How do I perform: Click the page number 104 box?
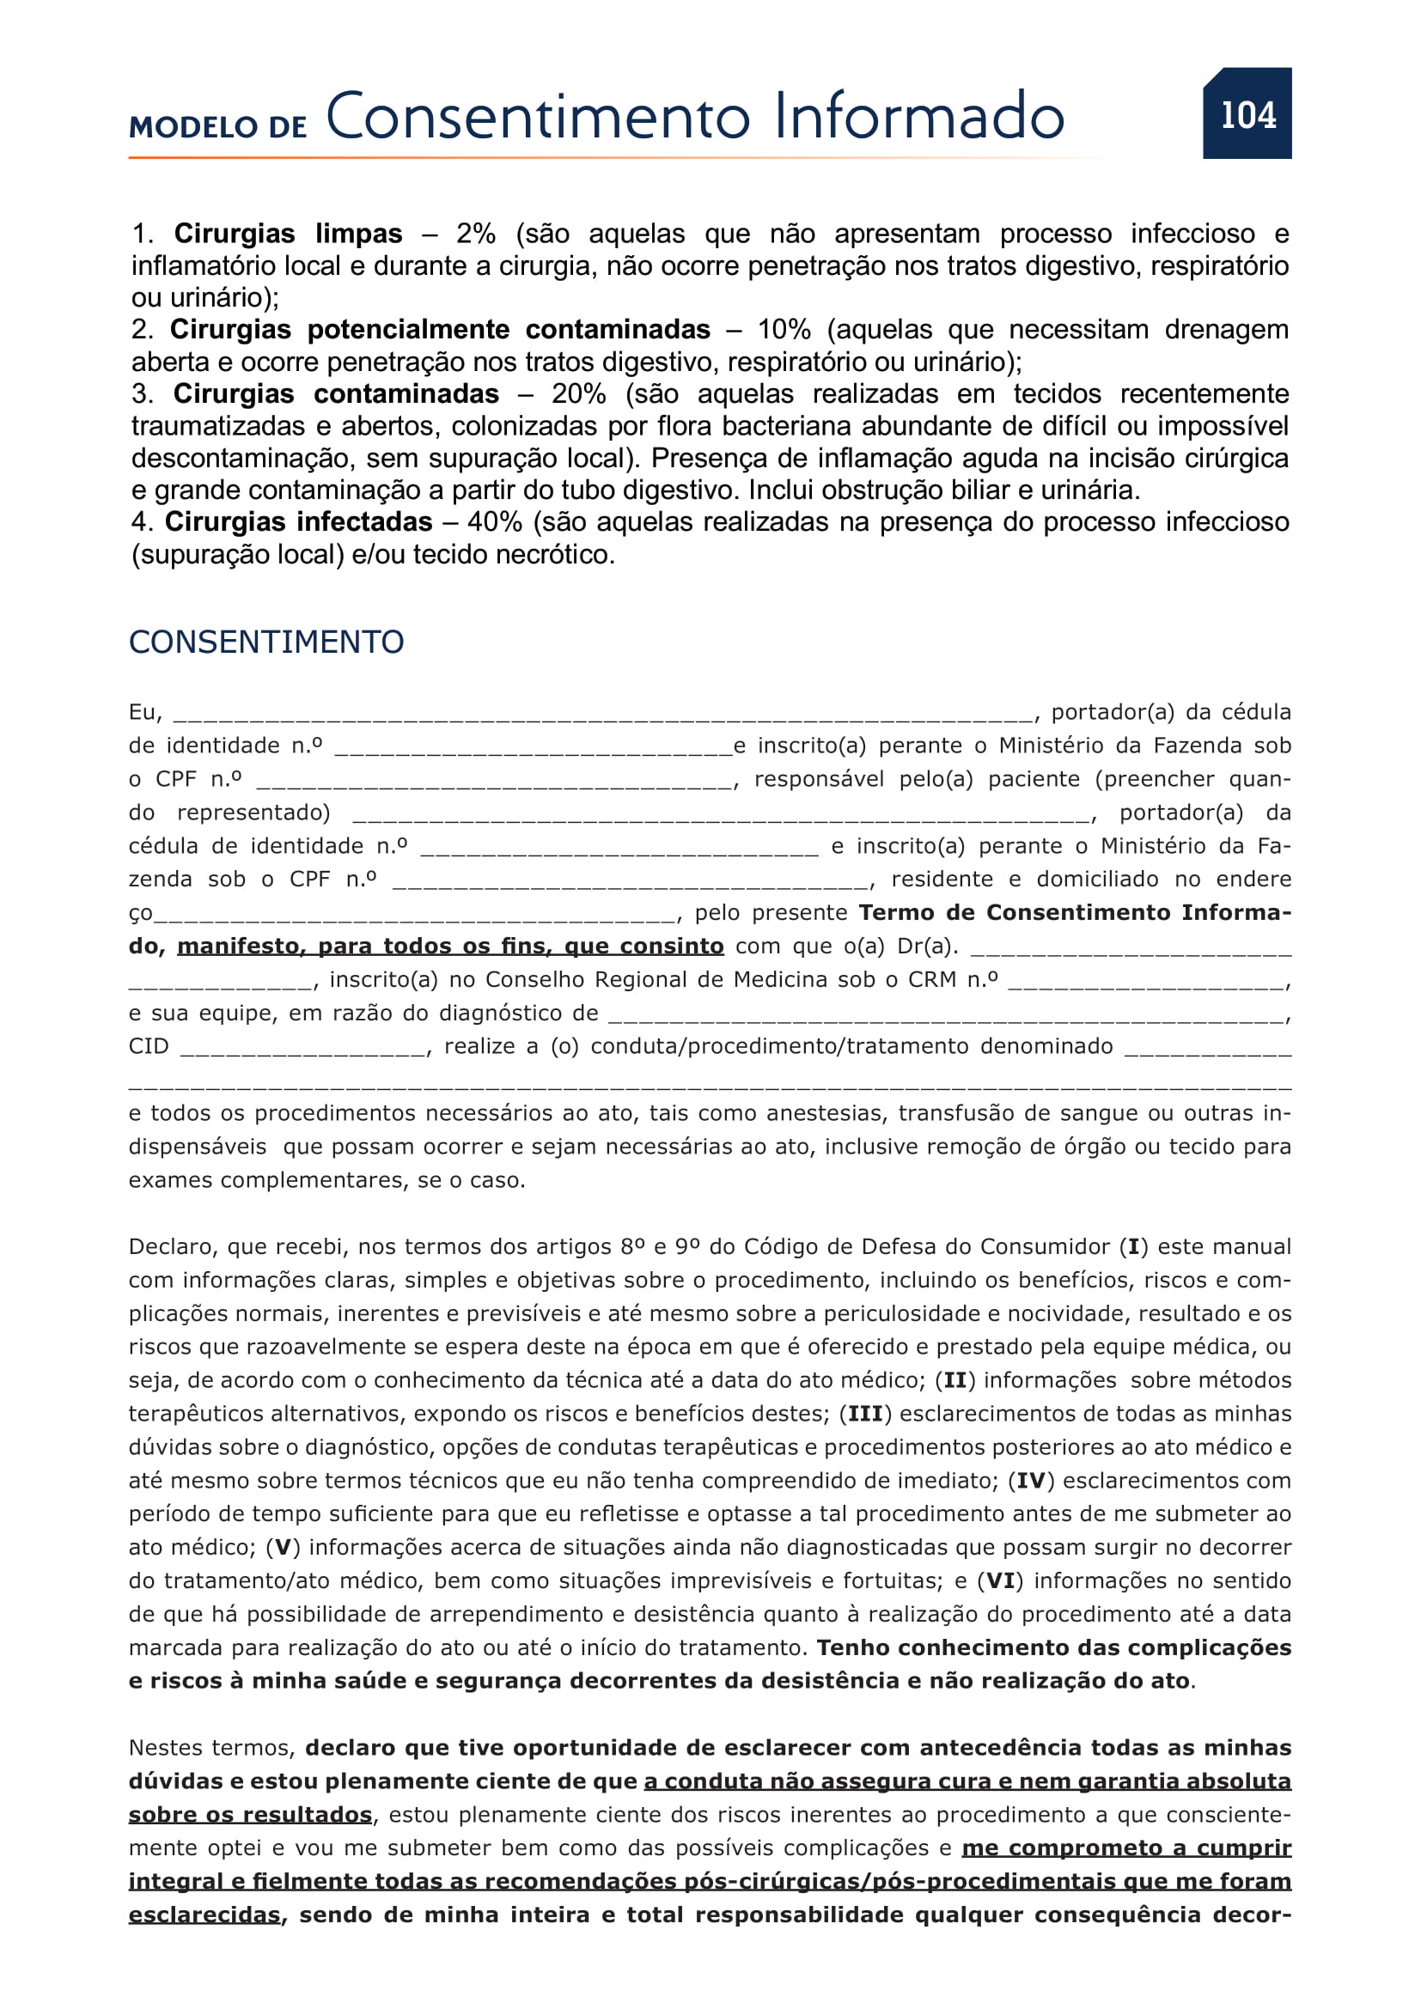point(1247,113)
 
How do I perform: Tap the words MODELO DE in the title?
point(218,128)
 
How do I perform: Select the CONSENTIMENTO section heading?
point(266,642)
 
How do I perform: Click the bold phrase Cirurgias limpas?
point(288,234)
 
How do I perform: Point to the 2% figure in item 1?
point(475,234)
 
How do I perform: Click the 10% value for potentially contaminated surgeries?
point(784,330)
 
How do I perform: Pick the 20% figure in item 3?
point(578,393)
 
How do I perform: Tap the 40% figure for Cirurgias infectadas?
point(494,522)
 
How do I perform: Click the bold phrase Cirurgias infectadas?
point(298,522)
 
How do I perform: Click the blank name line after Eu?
point(603,714)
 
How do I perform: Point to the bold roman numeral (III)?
point(865,1415)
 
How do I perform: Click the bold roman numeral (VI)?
point(1000,1581)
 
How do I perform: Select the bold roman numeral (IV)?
point(1032,1482)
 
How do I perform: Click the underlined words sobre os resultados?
point(250,1815)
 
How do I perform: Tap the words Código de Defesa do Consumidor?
point(928,1247)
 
